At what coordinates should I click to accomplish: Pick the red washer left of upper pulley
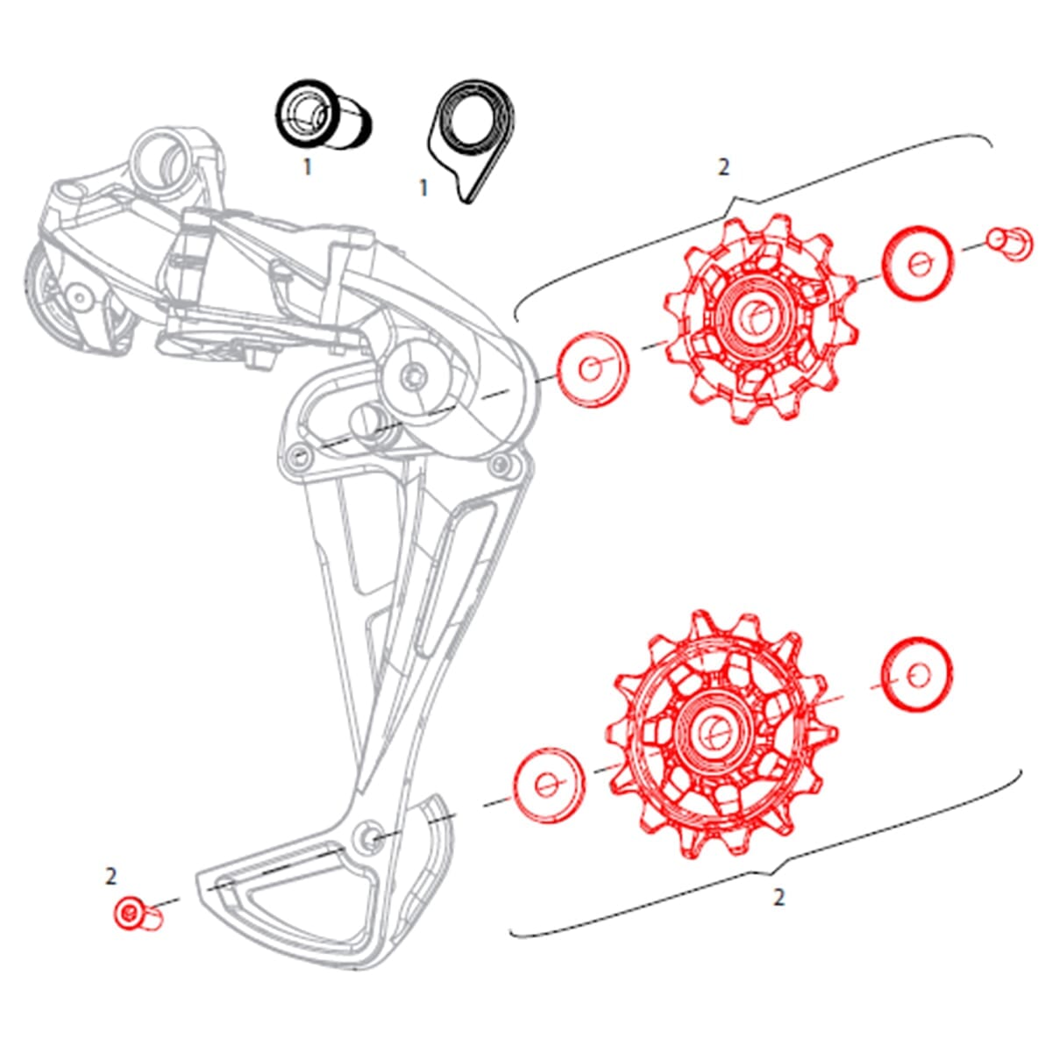click(594, 369)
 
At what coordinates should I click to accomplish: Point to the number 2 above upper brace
click(723, 167)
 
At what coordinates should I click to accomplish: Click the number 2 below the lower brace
click(778, 898)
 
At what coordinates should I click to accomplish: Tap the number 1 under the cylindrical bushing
click(307, 167)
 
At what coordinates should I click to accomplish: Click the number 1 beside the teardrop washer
click(424, 188)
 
